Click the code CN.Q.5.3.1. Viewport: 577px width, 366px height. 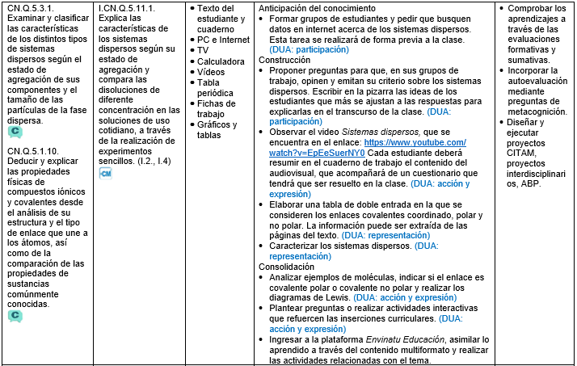click(33, 7)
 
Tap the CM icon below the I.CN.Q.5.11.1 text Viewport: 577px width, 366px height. click(105, 172)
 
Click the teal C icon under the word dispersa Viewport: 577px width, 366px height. click(15, 132)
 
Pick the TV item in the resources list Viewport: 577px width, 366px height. click(203, 50)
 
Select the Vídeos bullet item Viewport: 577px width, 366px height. click(212, 71)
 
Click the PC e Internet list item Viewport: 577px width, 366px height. click(223, 39)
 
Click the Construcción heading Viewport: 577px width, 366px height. click(285, 60)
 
